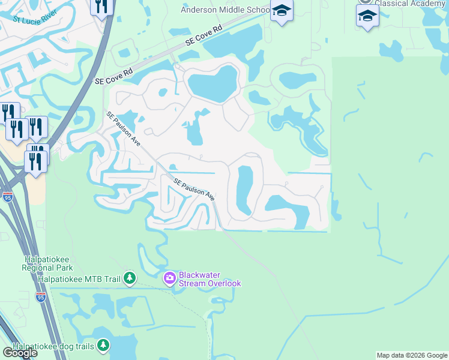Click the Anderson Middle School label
(226, 10)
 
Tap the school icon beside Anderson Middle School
(281, 11)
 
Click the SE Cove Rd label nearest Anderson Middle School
(204, 35)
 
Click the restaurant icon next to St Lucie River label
(102, 6)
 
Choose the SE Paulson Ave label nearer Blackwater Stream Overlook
(194, 189)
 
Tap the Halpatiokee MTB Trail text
(79, 278)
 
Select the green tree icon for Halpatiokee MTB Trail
(129, 278)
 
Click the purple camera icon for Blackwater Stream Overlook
(169, 277)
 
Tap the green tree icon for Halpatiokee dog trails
(104, 345)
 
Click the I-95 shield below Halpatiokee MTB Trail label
(40, 296)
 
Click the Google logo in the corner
(20, 352)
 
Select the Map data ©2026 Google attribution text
(412, 355)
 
